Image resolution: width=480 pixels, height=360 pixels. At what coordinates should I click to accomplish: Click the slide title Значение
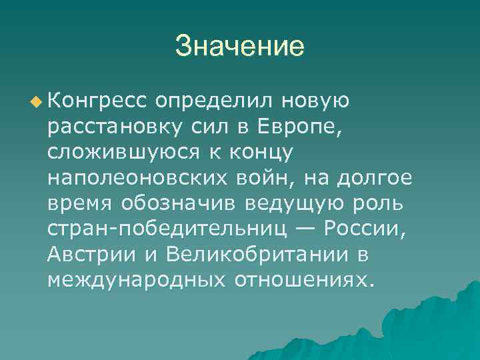[x=240, y=47]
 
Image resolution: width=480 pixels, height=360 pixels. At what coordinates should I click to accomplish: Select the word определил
[x=211, y=101]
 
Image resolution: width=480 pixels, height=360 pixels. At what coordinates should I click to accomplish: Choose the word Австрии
[x=93, y=254]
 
